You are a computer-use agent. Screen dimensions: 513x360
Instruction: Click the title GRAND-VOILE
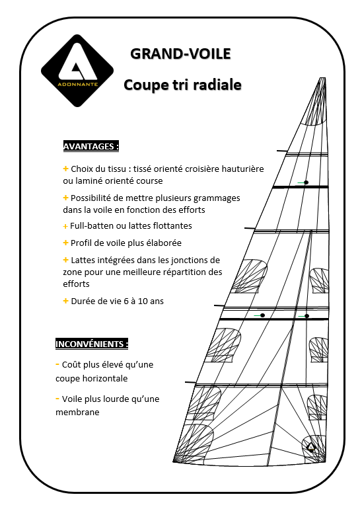coord(180,54)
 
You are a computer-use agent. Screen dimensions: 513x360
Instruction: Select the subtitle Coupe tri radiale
coord(182,85)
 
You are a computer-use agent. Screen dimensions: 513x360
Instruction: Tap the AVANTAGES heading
coord(90,146)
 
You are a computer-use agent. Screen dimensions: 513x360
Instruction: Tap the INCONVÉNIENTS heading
coord(91,344)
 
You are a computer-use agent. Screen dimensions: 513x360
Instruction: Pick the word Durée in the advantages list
coord(85,301)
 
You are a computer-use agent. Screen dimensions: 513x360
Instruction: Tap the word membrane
coord(77,412)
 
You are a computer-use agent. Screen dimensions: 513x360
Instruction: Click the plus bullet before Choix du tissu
coord(65,169)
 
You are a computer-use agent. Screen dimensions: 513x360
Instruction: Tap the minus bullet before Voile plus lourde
coord(58,399)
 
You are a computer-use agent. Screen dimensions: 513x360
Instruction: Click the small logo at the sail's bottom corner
coord(311,447)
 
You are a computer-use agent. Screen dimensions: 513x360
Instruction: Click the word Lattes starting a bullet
coord(83,260)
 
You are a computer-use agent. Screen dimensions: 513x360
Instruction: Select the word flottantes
coord(170,226)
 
